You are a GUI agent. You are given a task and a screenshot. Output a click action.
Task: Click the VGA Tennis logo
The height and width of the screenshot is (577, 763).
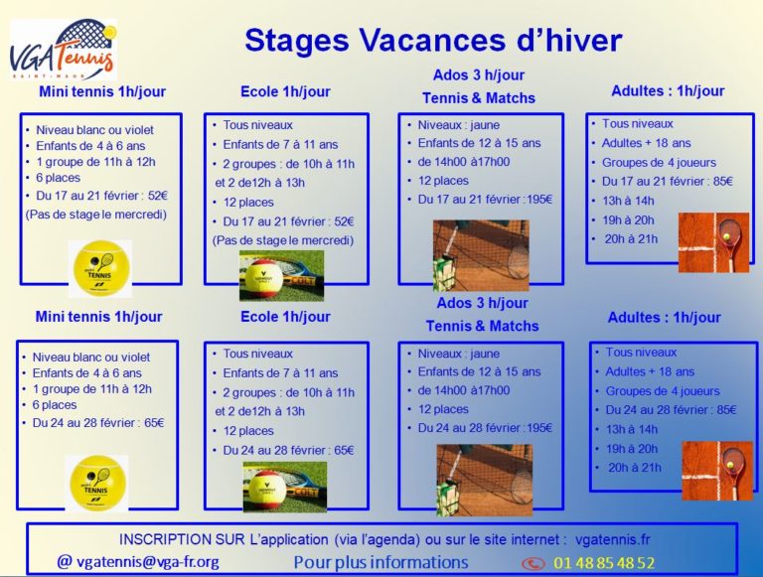64,49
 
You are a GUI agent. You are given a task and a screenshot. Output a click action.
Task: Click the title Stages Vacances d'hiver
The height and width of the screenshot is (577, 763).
433,40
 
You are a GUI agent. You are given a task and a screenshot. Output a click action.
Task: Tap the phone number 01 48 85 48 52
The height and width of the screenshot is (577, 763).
604,562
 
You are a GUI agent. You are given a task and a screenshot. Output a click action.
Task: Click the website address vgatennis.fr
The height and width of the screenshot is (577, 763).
613,539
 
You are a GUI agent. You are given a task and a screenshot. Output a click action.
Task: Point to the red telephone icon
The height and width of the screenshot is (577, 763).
534,563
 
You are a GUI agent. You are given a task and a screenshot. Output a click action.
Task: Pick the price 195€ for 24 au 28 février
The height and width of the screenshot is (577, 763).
539,428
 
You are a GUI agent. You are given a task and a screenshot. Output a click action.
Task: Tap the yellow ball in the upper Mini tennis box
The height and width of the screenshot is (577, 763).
100,268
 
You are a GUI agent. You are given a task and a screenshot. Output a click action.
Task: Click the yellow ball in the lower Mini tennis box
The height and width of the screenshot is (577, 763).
96,483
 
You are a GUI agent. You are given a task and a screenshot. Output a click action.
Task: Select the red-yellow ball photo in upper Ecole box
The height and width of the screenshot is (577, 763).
281,275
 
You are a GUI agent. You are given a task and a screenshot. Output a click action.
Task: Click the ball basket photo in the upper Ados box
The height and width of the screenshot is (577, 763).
481,255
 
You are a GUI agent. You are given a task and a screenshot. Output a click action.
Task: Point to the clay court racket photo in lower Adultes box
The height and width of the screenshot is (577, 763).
717,471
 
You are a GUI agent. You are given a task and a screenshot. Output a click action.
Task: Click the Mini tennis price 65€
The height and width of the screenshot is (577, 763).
154,423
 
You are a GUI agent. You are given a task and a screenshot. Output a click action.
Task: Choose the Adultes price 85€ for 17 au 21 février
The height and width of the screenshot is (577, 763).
723,182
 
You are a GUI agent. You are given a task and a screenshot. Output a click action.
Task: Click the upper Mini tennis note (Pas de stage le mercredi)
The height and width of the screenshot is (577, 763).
95,215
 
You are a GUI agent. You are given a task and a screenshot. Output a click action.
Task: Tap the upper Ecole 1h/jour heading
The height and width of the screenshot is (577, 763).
286,91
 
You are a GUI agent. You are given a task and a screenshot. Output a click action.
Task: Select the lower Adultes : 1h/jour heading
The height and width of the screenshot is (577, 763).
665,317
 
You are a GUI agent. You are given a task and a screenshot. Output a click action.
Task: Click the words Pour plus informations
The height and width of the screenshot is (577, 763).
381,562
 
